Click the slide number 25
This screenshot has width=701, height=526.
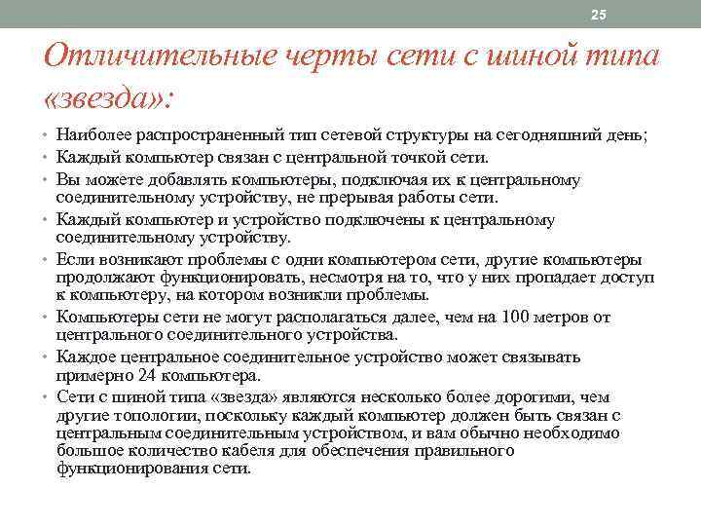(x=598, y=14)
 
